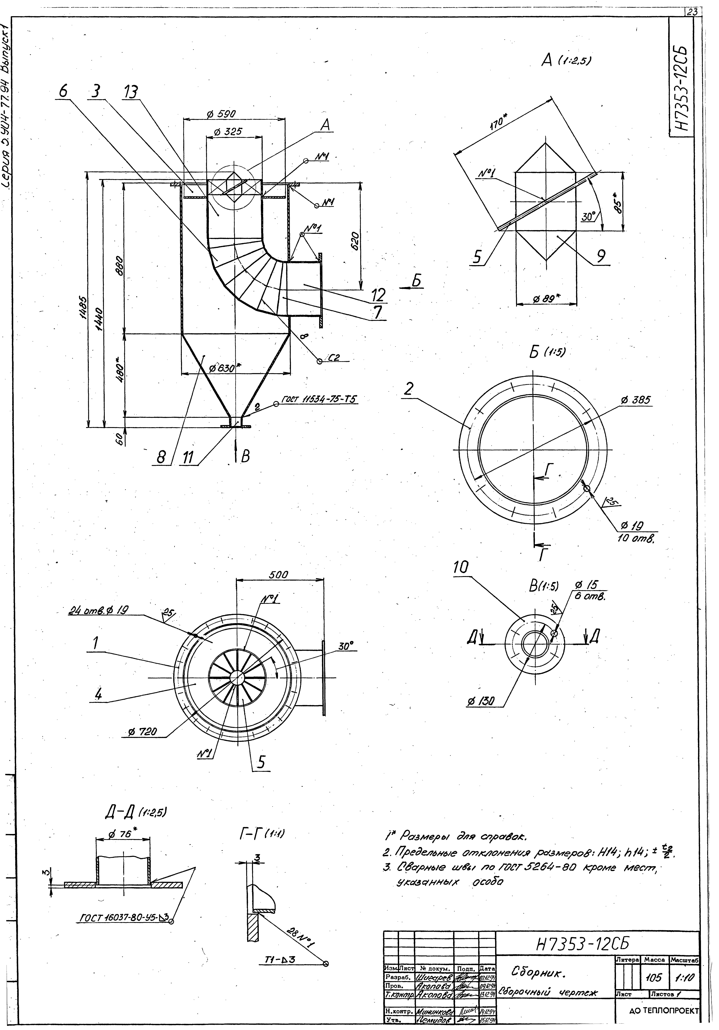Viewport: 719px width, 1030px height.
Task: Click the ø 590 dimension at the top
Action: tap(221, 114)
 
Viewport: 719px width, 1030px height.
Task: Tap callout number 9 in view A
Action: tap(601, 256)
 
